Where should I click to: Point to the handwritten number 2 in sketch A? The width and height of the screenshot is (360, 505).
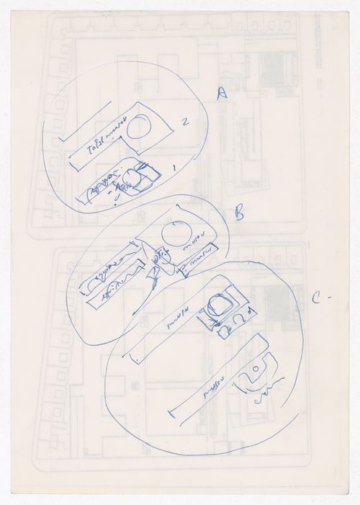(185, 123)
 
